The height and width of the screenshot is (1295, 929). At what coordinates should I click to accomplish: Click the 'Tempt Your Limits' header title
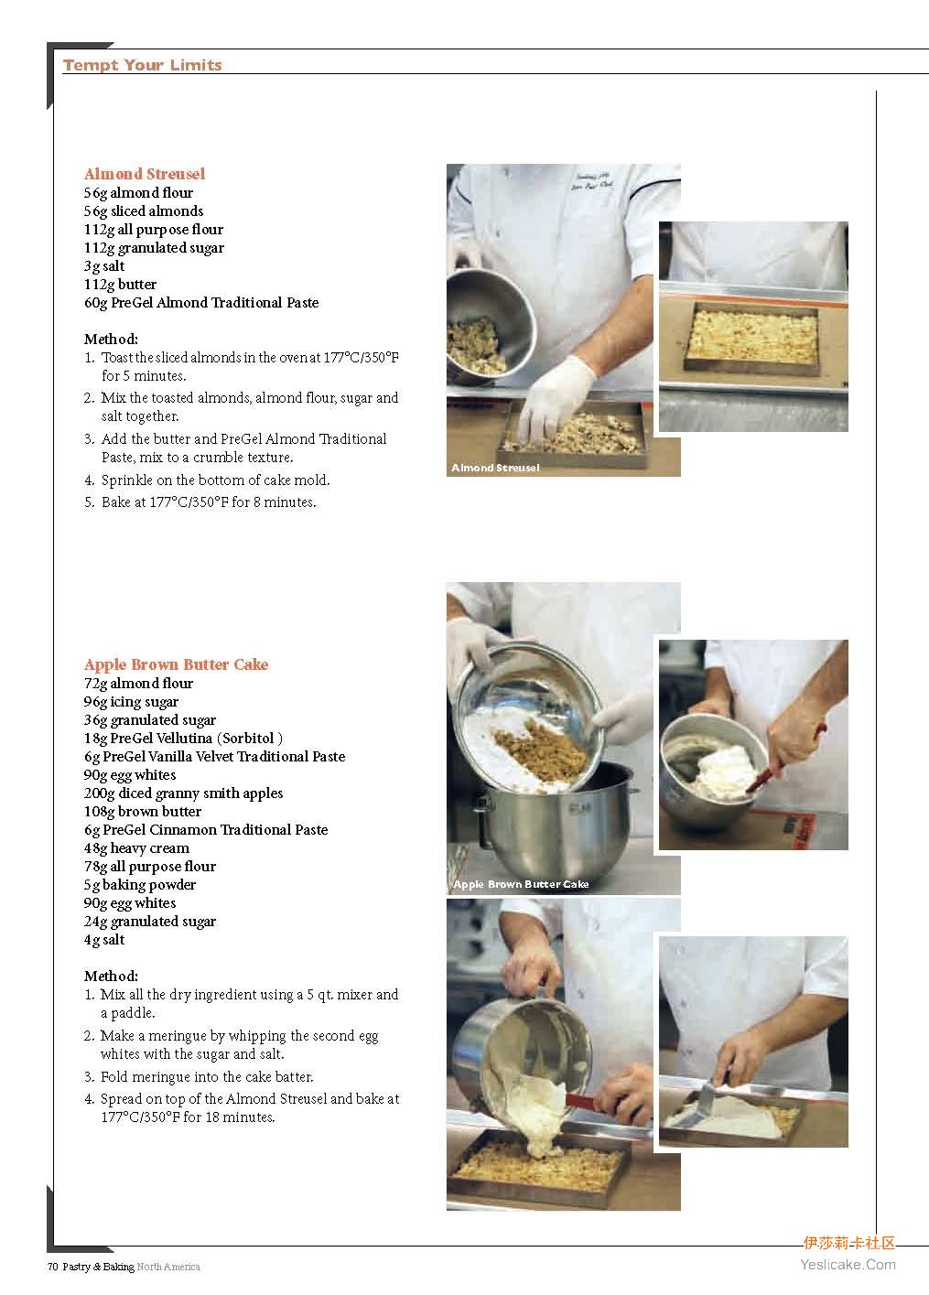click(142, 65)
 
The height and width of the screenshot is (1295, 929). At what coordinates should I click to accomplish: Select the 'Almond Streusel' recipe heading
click(145, 174)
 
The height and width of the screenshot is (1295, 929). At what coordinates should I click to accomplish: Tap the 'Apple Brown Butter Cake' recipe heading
click(177, 664)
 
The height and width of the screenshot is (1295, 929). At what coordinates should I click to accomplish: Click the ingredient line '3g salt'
click(104, 266)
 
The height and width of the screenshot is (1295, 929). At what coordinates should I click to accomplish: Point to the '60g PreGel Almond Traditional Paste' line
click(201, 302)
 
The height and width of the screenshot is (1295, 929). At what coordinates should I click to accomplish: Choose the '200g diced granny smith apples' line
click(183, 793)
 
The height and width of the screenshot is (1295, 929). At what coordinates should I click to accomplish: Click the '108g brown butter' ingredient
click(143, 811)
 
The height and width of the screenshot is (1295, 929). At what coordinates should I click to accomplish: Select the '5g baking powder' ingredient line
click(140, 884)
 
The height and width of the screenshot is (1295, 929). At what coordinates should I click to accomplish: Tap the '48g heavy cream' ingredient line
click(137, 848)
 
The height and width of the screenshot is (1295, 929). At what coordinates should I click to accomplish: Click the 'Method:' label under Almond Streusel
click(111, 339)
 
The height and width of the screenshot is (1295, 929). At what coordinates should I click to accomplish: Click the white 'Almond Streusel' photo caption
click(495, 467)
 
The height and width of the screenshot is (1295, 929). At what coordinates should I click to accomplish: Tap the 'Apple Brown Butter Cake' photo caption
click(521, 884)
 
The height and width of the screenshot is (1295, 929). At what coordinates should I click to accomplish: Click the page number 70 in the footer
click(52, 1267)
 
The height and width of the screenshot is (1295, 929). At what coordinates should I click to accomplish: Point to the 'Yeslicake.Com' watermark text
click(848, 1265)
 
